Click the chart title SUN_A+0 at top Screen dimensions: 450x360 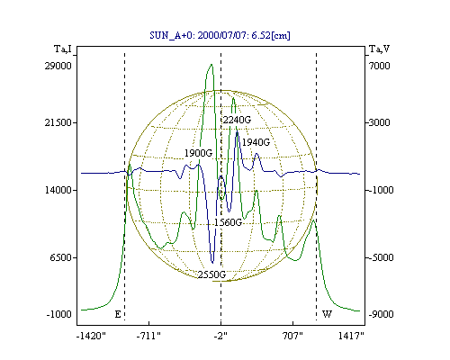point(220,35)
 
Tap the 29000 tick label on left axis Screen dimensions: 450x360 point(58,66)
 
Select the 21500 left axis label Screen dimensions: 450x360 point(58,122)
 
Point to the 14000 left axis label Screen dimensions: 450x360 point(58,190)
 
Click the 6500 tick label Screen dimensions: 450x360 point(61,257)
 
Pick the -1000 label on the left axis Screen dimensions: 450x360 point(59,314)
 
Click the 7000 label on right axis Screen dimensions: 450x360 point(380,66)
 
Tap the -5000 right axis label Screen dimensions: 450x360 point(381,257)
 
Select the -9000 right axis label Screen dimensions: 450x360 point(381,314)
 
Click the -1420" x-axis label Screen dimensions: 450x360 point(92,336)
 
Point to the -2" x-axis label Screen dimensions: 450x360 point(220,336)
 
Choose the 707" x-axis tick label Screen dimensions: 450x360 point(292,336)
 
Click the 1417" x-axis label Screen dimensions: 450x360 point(351,336)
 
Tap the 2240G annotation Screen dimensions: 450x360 point(237,120)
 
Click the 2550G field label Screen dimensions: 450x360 point(211,274)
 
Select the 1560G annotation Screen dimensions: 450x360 point(228,222)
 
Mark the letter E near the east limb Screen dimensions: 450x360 point(118,314)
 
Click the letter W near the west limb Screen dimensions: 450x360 point(327,314)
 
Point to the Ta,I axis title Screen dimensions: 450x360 point(63,49)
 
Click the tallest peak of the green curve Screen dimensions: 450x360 point(211,64)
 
